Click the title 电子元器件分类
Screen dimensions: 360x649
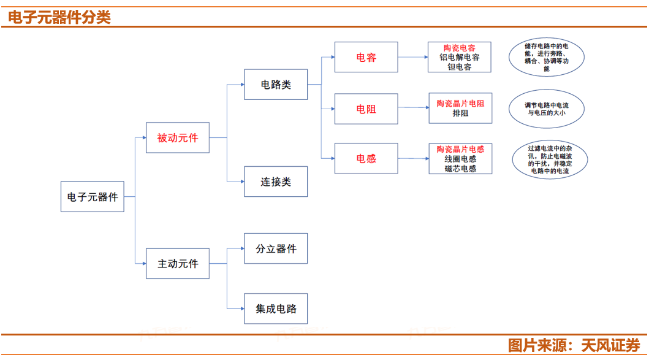point(59,17)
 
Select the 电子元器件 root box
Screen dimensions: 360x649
point(92,197)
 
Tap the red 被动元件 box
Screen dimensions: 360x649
point(178,138)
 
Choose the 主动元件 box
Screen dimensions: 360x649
point(178,264)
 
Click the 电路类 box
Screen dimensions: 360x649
point(276,85)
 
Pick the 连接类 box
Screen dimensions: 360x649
point(276,182)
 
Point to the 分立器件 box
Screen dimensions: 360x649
point(276,248)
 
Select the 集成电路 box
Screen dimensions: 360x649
point(276,308)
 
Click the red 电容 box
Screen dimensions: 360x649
point(366,57)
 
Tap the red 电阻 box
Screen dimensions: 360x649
point(366,109)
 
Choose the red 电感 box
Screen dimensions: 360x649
point(366,158)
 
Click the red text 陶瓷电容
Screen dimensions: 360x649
point(460,48)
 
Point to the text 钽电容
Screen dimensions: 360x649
point(460,67)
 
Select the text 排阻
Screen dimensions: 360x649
point(460,113)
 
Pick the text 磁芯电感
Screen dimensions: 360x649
point(460,168)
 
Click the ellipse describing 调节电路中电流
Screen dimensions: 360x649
point(547,109)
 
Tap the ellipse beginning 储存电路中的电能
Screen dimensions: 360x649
point(547,57)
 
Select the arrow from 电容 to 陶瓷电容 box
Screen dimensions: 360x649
point(412,57)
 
